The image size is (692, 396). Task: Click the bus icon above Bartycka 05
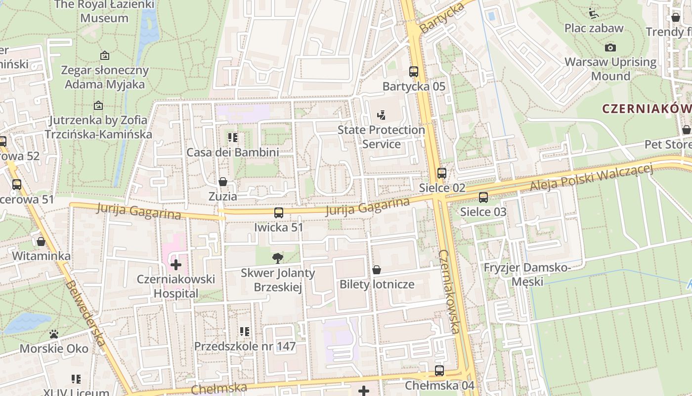414,72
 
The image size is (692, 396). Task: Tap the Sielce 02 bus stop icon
442,173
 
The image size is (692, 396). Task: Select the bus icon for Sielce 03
483,198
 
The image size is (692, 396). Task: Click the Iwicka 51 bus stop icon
279,213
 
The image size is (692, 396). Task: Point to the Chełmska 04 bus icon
439,371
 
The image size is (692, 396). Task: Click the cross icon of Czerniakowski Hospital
176,265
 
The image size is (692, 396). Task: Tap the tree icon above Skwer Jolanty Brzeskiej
278,257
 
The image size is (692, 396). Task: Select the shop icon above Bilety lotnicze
377,270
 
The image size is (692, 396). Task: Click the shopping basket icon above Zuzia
223,182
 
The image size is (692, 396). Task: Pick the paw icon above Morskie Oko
54,334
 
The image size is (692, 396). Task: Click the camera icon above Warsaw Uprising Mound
610,48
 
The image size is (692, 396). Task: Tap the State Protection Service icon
381,115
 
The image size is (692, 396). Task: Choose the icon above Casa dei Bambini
232,138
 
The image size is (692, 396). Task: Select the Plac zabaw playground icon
594,13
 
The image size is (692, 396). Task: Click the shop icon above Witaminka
41,242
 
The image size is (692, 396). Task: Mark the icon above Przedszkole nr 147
245,332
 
